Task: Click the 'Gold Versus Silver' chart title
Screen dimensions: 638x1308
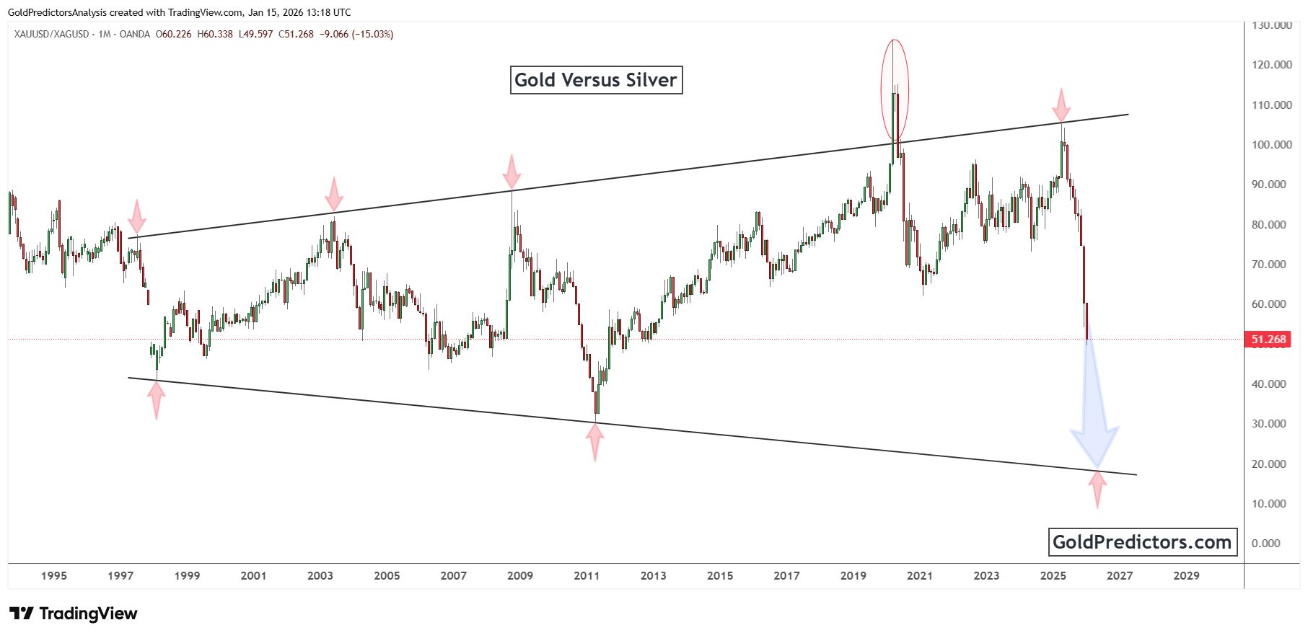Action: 596,80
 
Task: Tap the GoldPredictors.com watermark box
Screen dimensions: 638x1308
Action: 1142,542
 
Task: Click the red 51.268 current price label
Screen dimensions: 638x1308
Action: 1268,340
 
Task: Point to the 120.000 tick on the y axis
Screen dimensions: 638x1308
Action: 1271,65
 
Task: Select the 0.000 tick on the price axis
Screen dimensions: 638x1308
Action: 1265,544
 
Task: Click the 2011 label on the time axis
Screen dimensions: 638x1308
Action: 587,576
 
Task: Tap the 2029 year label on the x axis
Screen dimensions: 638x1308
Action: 1186,576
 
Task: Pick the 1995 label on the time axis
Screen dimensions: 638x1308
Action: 54,576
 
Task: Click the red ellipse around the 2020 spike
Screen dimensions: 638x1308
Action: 895,90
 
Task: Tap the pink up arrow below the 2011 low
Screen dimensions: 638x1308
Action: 594,441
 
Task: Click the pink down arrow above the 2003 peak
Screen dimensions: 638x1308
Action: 333,195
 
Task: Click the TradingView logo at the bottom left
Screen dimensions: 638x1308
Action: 74,613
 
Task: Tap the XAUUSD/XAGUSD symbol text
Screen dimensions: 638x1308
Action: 52,34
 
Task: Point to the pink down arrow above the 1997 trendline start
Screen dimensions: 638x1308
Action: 137,217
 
